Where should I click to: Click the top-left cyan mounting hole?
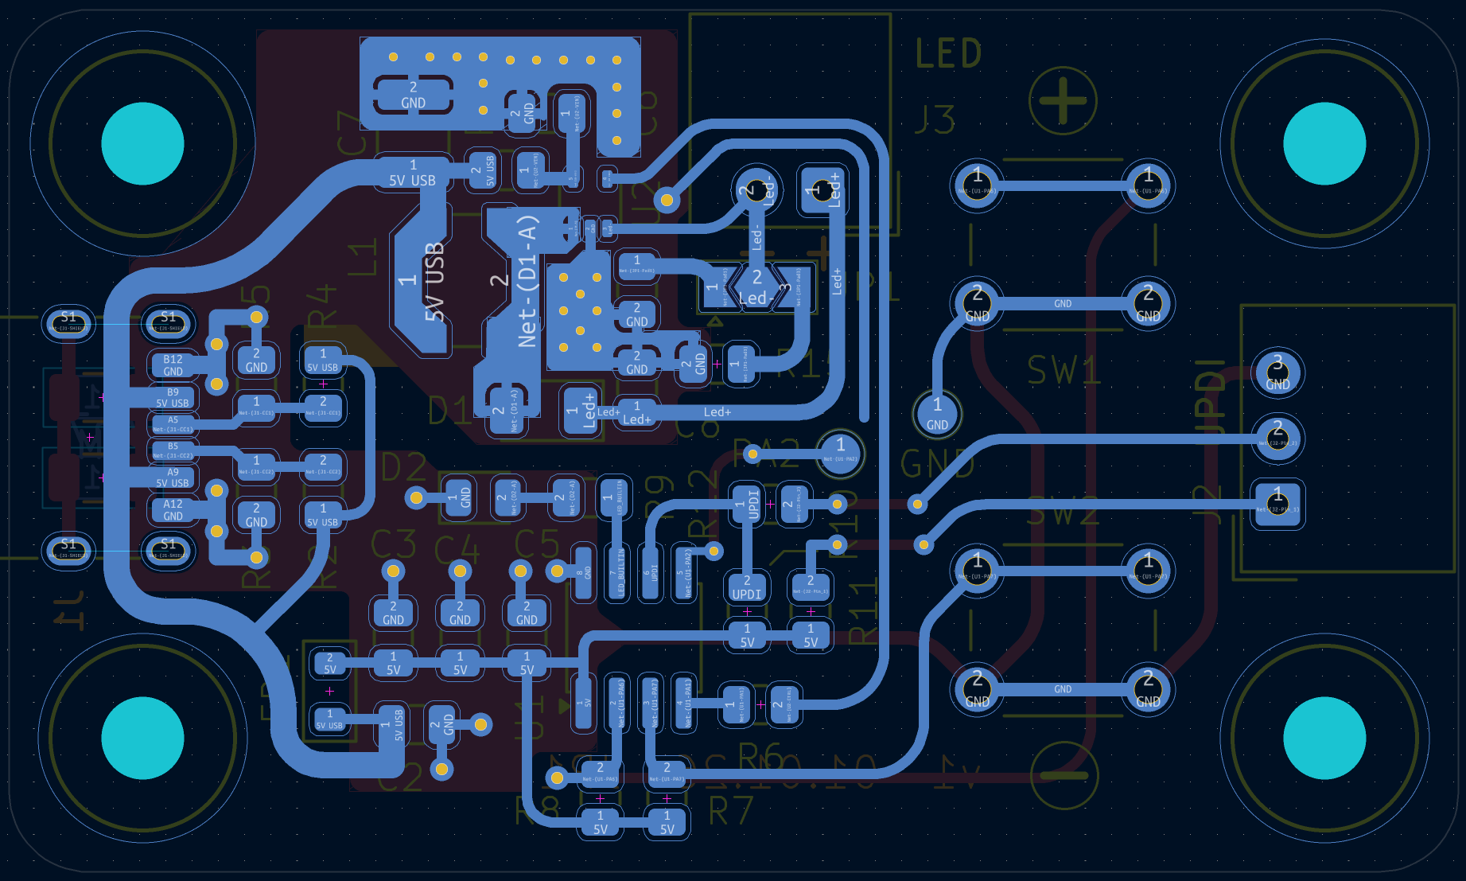point(143,144)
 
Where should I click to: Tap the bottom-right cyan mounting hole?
point(1324,738)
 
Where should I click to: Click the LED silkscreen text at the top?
point(948,54)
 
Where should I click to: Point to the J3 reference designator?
point(935,119)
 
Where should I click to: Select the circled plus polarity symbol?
point(1063,101)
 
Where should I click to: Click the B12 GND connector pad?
point(173,365)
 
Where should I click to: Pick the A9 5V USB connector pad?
point(173,478)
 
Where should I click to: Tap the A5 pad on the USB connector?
point(173,424)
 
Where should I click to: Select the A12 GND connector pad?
point(173,510)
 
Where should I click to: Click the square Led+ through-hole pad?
point(822,190)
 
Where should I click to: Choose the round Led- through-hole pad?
point(756,189)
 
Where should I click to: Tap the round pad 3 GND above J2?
point(1277,372)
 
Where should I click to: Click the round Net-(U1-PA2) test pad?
point(840,453)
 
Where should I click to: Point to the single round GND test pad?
point(937,413)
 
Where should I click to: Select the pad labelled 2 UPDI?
point(746,587)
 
